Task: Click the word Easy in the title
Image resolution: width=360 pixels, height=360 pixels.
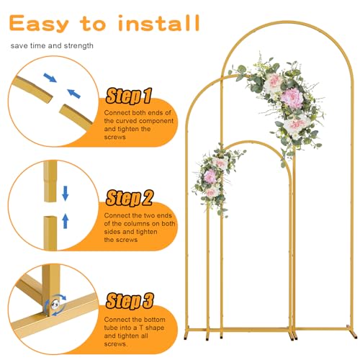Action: pos(39,24)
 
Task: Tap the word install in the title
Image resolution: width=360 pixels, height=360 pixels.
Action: pos(159,23)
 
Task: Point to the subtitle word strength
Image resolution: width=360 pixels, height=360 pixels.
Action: pos(78,45)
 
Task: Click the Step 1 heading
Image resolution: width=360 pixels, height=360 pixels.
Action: pos(129,96)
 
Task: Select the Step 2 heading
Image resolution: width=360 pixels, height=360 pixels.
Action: pos(130,198)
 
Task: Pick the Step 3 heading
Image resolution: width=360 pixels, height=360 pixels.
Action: pos(130,301)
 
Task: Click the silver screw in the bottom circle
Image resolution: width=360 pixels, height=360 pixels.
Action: pos(55,305)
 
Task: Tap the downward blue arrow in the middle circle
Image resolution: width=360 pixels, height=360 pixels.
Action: pos(66,193)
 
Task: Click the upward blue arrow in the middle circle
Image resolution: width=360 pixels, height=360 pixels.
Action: pos(66,221)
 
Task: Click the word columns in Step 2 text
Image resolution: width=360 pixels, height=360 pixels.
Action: pos(140,224)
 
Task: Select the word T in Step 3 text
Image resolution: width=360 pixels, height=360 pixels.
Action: pos(141,328)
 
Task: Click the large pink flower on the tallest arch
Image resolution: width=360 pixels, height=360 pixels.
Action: pos(292,98)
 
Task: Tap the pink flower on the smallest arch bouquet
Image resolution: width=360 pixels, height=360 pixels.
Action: pos(210,176)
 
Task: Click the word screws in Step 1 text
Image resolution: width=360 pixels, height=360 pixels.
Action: pos(115,138)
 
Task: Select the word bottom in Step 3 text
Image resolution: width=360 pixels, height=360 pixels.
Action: pos(156,320)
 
